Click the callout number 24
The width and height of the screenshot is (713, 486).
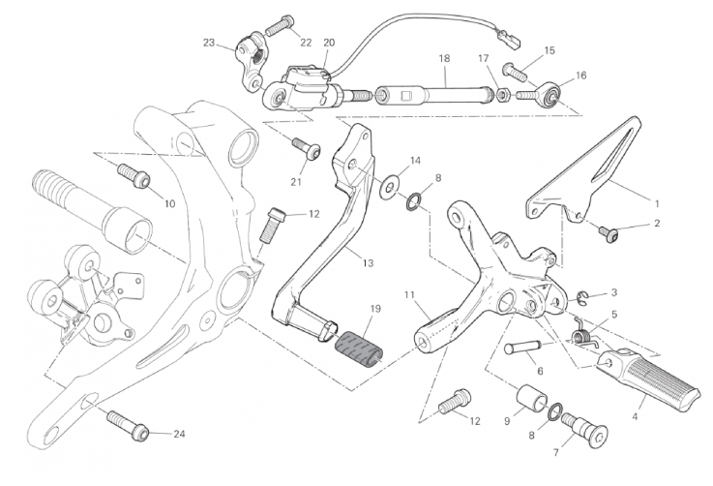coord(180,434)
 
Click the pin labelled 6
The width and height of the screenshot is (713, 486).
coord(522,348)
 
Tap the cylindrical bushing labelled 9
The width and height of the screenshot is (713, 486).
coord(532,399)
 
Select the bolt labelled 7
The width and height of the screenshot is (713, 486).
coord(584,430)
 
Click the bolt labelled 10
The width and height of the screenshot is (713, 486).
coord(134,176)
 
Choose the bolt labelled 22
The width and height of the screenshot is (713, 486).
coord(279,24)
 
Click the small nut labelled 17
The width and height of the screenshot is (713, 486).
coord(502,95)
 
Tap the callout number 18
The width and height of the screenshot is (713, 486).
coord(444,58)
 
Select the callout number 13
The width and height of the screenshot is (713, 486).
coord(368,263)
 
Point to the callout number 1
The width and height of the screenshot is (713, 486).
coord(656,204)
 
